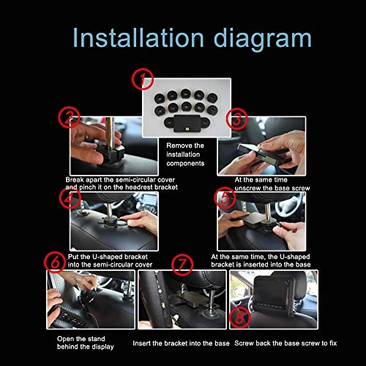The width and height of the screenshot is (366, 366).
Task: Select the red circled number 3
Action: click(x=236, y=119)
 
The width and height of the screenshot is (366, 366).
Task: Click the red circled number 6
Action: click(x=53, y=262)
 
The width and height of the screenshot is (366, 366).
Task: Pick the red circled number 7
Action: click(x=184, y=263)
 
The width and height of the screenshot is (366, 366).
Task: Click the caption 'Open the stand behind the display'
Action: click(x=86, y=343)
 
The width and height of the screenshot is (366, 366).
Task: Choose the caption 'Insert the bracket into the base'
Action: click(x=181, y=343)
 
